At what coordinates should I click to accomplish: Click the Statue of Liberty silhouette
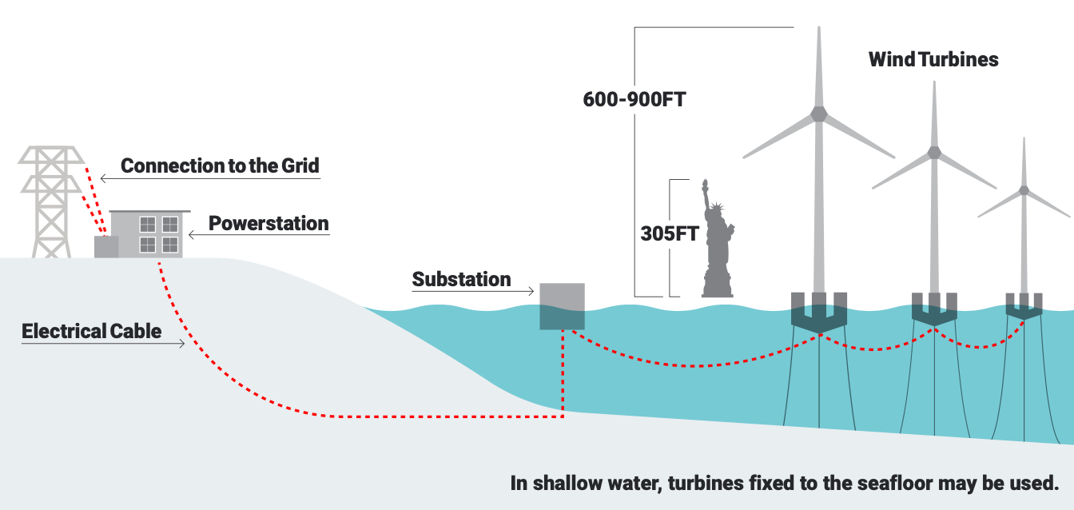coord(718,245)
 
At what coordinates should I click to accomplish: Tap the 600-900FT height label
coord(634,100)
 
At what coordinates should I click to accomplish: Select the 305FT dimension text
coord(670,233)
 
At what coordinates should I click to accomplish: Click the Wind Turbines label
coord(933,59)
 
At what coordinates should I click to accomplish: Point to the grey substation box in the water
coord(562,306)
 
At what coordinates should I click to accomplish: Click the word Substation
coord(461,279)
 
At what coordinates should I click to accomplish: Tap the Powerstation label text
coord(268,224)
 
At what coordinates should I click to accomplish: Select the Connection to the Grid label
coord(220,166)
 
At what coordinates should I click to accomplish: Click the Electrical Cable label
coord(92,332)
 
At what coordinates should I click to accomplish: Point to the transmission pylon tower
coord(51,201)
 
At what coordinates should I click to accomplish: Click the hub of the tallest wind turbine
coord(819,114)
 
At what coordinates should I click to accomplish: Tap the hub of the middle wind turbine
coord(934,153)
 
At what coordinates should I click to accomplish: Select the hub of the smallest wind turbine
coord(1024,190)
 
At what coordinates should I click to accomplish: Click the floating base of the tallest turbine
coord(819,313)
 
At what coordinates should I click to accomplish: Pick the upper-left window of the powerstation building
coord(147,224)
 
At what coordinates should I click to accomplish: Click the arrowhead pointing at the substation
coord(531,291)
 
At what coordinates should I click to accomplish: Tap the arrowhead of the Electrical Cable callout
coord(181,343)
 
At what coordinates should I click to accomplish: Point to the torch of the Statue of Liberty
coord(705,183)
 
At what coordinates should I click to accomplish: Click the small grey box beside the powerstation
coord(106,246)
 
